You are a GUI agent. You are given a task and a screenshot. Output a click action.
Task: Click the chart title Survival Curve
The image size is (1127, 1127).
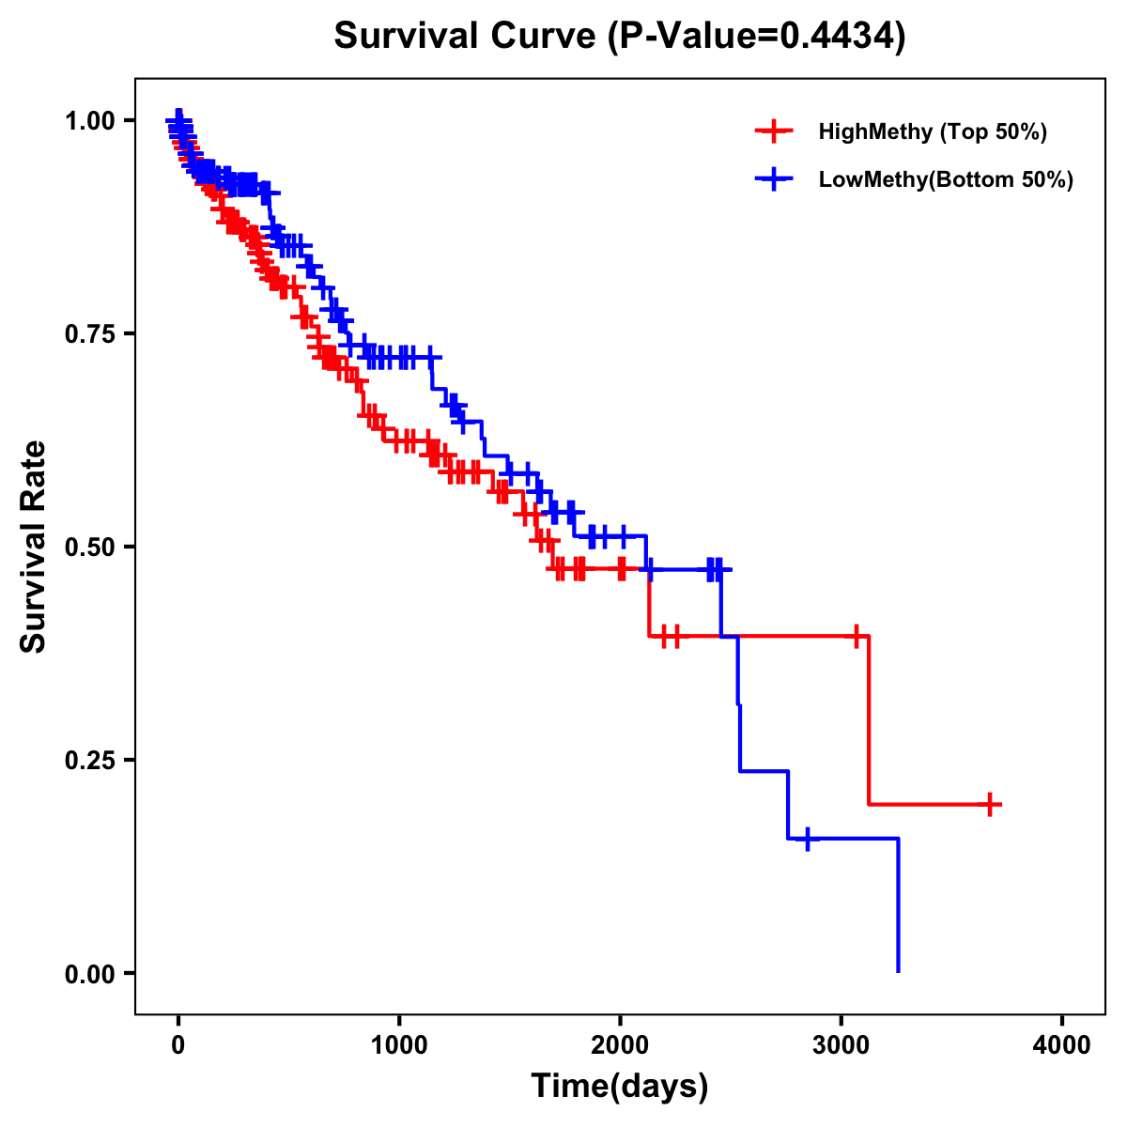[x=465, y=37]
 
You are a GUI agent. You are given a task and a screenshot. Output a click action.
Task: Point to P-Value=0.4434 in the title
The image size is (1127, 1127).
[x=756, y=37]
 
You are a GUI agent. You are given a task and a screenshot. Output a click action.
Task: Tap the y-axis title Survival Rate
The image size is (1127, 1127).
[x=34, y=547]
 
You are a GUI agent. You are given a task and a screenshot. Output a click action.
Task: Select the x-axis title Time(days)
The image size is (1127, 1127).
[x=620, y=1087]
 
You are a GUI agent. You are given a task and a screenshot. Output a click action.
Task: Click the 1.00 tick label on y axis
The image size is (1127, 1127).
[x=89, y=121]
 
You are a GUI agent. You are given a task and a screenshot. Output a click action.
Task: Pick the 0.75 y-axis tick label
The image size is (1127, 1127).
[x=89, y=334]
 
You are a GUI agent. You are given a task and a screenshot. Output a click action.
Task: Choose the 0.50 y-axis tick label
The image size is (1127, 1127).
[x=89, y=548]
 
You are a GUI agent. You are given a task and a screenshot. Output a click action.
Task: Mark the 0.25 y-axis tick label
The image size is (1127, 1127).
[x=89, y=760]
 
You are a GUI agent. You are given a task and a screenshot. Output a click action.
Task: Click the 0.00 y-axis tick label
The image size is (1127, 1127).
[x=89, y=973]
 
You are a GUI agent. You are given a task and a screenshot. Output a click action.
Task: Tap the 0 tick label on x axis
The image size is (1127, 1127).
[x=178, y=1046]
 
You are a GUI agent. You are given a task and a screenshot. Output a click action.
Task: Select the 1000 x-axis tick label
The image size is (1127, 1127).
[x=399, y=1046]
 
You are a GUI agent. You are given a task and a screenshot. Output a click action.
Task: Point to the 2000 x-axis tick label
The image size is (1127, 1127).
[x=620, y=1046]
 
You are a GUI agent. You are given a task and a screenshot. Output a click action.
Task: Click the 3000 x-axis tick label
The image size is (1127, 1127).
[x=841, y=1046]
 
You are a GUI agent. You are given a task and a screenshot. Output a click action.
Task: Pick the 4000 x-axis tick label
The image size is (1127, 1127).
[x=1062, y=1046]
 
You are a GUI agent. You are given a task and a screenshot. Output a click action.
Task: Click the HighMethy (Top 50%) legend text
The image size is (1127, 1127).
[x=933, y=131]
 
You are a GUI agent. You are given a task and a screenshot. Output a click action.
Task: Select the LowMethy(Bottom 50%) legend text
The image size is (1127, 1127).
[x=946, y=179]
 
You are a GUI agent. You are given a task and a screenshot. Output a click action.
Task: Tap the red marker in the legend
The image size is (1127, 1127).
[x=774, y=131]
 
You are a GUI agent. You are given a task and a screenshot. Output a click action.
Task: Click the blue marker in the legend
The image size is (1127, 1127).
[x=774, y=179]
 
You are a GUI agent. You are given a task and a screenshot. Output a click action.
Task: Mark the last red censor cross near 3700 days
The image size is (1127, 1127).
[x=990, y=804]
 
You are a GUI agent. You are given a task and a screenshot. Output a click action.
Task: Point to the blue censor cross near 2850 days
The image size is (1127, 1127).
[x=807, y=838]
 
